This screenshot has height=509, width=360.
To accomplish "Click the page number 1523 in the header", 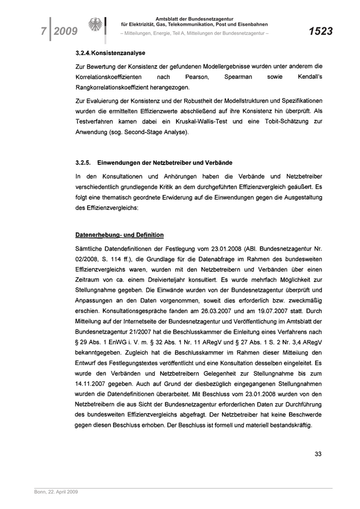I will (x=320, y=32).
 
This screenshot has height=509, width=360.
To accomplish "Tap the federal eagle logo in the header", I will (x=96, y=26).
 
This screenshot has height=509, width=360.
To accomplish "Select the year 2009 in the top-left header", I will (x=65, y=32).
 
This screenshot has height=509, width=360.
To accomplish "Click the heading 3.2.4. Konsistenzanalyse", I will (x=110, y=53).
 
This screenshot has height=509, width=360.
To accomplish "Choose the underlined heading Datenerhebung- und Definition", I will (x=119, y=235).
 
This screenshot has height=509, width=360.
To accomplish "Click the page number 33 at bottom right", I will (x=318, y=453).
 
